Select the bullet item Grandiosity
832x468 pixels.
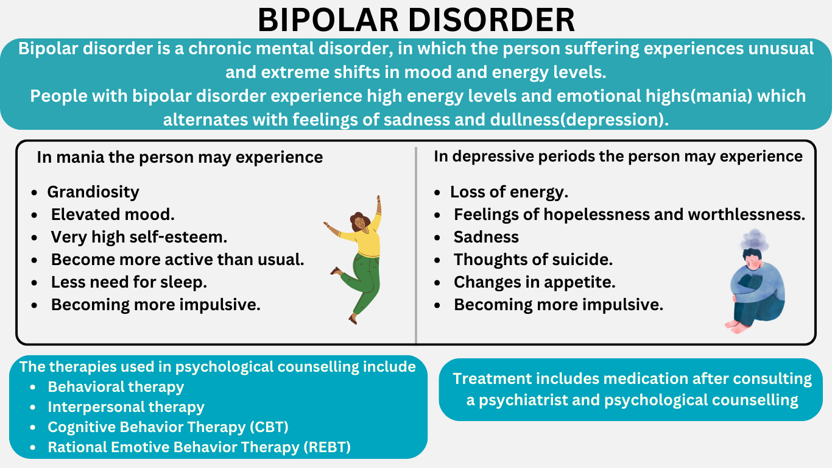point(93,192)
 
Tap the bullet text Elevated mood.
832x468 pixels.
point(113,214)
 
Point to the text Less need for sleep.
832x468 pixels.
point(129,282)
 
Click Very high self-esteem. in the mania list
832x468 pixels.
point(139,237)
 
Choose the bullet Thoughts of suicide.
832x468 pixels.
point(533,260)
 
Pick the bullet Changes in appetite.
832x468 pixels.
point(535,282)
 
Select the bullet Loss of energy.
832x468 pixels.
point(509,192)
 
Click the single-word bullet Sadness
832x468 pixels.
point(486,237)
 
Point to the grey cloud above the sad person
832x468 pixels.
point(754,239)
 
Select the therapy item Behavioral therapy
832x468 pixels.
point(116,387)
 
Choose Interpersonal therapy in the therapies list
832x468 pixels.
point(126,407)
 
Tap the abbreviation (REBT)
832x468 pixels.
point(327,447)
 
